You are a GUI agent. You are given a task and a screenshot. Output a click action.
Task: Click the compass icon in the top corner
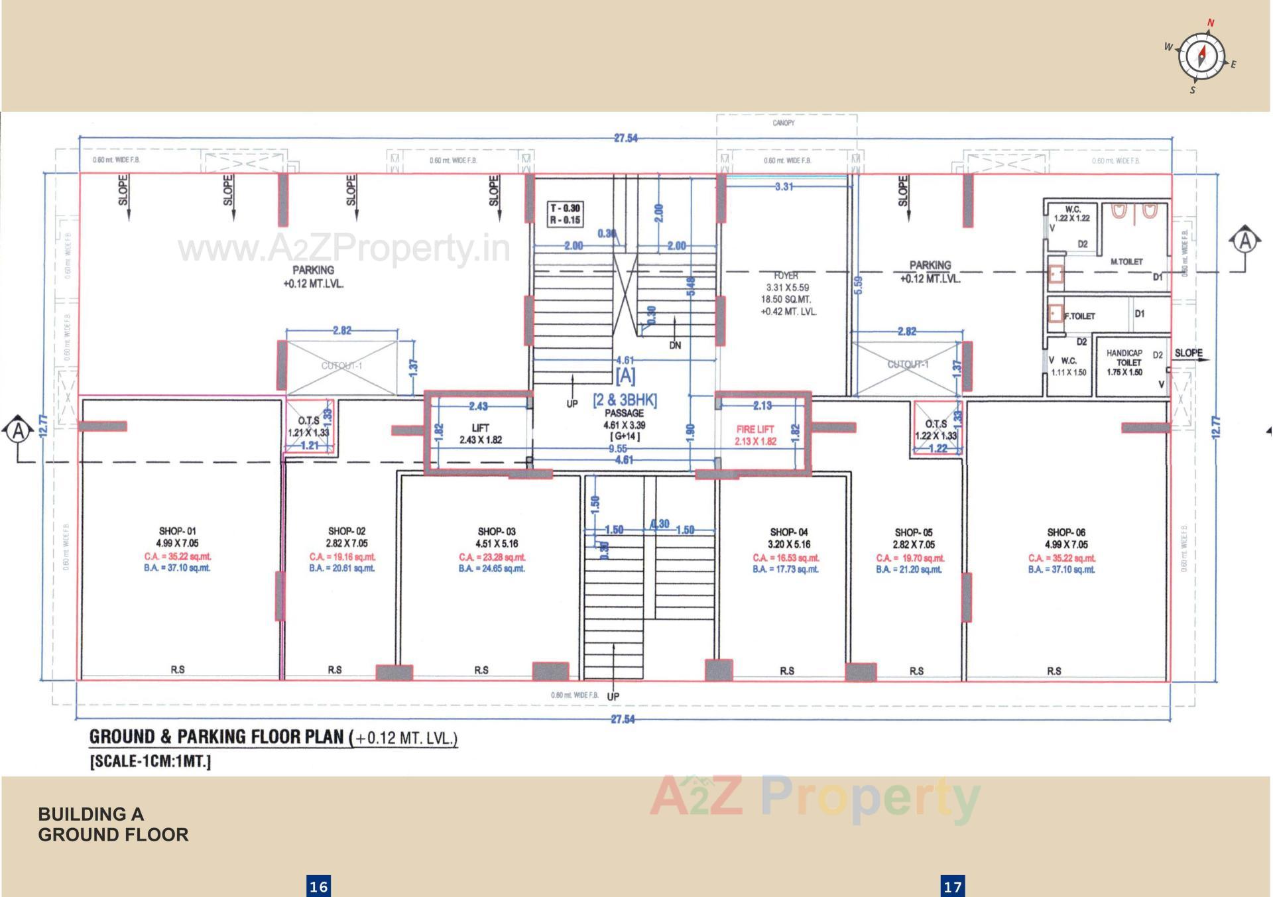click(1201, 56)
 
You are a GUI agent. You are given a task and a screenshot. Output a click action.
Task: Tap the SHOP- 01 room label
click(177, 531)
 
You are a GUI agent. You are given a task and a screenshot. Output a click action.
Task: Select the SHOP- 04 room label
click(788, 532)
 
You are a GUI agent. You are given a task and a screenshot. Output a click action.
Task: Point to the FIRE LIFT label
click(755, 429)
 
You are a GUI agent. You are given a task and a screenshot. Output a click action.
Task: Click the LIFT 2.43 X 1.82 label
click(480, 434)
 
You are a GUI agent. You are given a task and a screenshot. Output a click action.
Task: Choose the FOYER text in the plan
click(786, 275)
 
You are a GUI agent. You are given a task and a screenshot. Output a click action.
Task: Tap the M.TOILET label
click(1126, 262)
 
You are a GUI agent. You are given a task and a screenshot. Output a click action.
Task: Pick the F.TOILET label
click(1080, 316)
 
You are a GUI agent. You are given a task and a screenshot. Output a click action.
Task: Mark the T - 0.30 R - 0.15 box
click(565, 213)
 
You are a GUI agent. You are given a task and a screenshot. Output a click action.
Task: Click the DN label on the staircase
click(674, 345)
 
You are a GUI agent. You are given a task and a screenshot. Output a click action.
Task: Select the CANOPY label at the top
click(783, 123)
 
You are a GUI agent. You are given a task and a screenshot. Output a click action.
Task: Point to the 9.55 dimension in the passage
click(617, 449)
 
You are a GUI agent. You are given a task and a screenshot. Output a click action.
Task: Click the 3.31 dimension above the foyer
click(784, 187)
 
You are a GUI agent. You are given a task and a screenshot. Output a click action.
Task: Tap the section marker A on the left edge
click(19, 431)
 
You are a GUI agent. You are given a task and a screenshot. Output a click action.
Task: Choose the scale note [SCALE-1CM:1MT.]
click(151, 761)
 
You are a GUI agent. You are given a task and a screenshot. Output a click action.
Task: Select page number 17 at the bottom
click(952, 886)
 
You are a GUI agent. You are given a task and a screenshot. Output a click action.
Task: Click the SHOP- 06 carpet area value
click(1061, 558)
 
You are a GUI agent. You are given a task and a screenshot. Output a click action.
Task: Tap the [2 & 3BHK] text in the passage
click(625, 400)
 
